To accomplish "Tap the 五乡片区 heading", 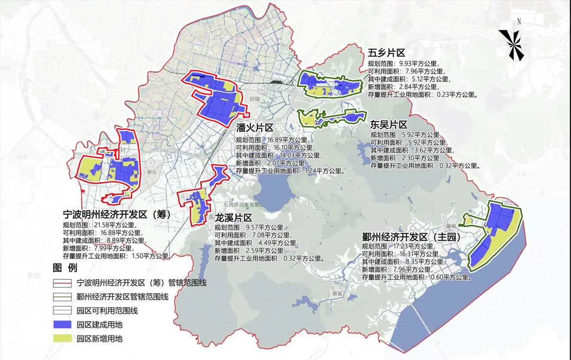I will tap(386, 53).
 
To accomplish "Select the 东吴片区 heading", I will tap(389, 125).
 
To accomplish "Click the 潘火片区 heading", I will tap(255, 128).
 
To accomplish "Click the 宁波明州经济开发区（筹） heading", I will tap(117, 214).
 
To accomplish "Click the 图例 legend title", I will tap(65, 268).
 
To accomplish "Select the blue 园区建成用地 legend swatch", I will tap(62, 325).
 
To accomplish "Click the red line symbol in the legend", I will tap(62, 283).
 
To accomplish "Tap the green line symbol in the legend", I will tap(62, 297).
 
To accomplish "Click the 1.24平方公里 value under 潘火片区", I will tap(323, 171).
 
